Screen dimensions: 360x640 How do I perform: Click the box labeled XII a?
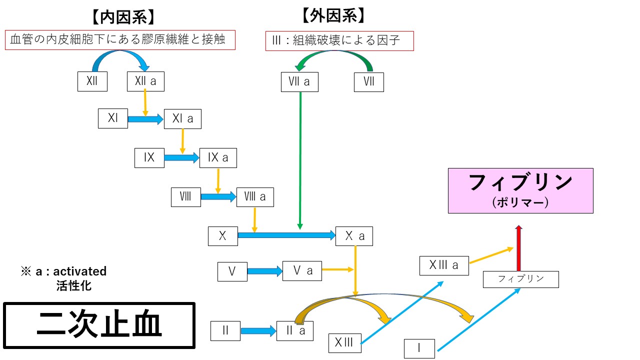145,81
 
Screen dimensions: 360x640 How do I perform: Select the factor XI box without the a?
113,118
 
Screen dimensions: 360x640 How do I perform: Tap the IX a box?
218,158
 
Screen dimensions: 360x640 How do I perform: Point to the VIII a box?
255,197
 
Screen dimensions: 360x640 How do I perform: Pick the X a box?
354,236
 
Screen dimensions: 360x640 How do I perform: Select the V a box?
302,271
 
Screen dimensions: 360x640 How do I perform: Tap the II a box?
295,331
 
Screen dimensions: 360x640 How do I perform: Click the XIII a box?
444,265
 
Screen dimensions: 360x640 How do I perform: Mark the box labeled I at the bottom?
419,348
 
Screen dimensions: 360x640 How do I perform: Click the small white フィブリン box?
520,279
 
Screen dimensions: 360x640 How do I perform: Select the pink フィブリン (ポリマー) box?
520,190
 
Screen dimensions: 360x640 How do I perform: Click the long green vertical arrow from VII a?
300,160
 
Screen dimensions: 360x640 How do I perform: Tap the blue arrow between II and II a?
258,331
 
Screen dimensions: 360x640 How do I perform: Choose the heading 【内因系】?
123,17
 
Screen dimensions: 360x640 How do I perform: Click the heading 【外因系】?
333,16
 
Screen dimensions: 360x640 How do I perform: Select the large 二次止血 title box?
99,325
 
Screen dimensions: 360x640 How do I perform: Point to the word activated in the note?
79,271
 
